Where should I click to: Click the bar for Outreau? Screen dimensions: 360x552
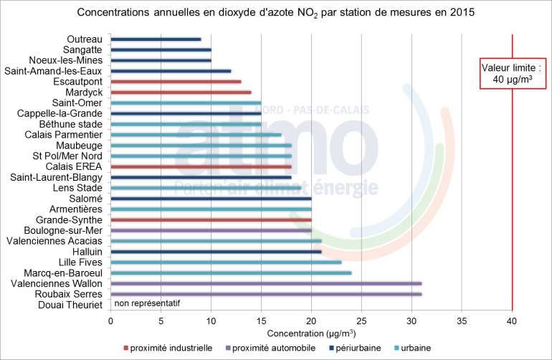(x=156, y=39)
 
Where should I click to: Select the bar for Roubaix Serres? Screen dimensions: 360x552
(x=266, y=294)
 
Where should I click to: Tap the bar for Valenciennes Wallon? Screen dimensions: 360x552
(x=266, y=283)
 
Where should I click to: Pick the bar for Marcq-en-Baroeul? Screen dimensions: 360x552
(x=231, y=273)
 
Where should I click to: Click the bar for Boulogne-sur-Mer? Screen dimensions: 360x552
(x=211, y=230)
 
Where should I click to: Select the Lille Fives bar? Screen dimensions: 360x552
(x=226, y=262)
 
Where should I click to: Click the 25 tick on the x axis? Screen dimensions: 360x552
(x=361, y=319)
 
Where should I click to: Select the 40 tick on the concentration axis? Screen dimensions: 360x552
(x=512, y=319)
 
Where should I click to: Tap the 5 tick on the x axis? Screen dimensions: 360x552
(x=161, y=319)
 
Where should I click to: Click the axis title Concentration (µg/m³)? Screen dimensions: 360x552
(x=311, y=333)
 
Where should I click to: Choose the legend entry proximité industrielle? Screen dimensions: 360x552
(x=171, y=348)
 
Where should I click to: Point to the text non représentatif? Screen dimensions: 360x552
(x=147, y=303)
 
